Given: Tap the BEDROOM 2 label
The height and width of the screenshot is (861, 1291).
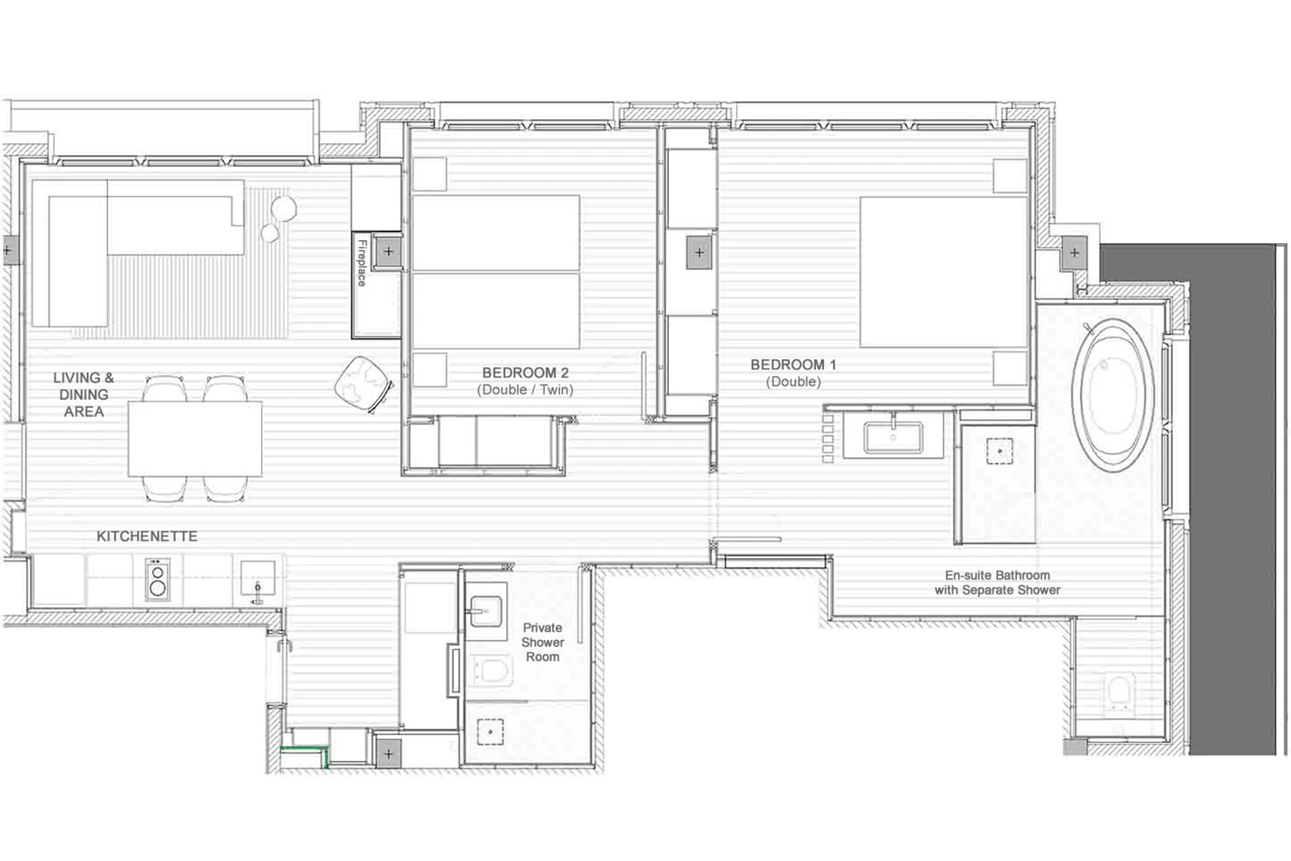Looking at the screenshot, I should [525, 381].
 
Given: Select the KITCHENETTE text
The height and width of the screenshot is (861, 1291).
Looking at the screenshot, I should [147, 536].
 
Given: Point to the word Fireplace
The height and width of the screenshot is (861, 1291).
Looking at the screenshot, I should [361, 262].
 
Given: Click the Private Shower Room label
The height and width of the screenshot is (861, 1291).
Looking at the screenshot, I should [542, 642].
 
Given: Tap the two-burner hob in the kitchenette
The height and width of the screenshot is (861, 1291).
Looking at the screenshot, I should [157, 579].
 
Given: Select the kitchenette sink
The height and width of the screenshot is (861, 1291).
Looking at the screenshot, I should [257, 578].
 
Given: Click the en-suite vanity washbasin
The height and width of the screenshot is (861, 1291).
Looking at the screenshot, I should [893, 437].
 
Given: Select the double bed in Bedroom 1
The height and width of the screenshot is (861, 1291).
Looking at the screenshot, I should [943, 272].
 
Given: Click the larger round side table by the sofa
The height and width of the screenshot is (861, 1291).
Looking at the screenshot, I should [284, 208].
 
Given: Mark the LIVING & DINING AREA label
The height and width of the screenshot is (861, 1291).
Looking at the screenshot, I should [83, 394].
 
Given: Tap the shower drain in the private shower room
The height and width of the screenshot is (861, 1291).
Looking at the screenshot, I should [490, 732].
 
